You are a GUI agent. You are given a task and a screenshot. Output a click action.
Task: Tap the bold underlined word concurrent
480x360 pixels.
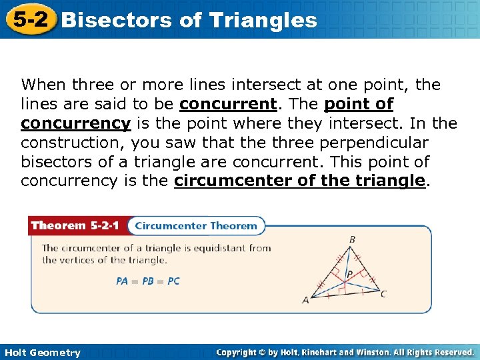tap(228, 105)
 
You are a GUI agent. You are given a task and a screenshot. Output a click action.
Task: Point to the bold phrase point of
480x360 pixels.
tap(359, 105)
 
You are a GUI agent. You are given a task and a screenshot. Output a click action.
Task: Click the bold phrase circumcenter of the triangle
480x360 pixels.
tap(299, 181)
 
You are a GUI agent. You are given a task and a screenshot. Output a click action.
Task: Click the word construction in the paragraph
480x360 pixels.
tap(71, 143)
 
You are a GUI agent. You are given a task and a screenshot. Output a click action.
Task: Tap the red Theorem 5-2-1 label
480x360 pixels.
tap(75, 225)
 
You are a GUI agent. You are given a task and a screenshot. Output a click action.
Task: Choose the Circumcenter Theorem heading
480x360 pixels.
tap(196, 225)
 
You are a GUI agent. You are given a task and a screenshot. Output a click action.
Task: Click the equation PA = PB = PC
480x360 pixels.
tap(148, 281)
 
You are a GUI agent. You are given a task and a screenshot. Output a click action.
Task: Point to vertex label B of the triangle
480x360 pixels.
tap(352, 240)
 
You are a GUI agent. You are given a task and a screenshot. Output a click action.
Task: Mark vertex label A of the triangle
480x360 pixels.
tap(305, 300)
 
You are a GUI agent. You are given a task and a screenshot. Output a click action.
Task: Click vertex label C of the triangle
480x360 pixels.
tap(383, 293)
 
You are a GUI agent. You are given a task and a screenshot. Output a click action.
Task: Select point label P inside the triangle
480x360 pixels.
tap(349, 274)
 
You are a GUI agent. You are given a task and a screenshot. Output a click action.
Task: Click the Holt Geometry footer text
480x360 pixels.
tap(41, 353)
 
